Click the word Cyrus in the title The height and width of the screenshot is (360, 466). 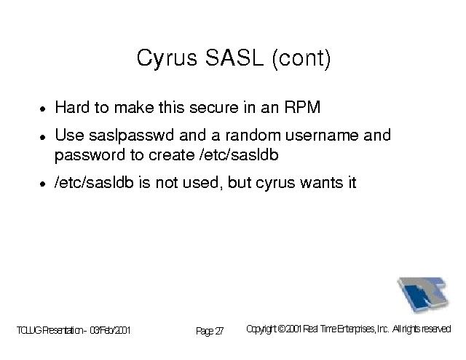click(x=167, y=58)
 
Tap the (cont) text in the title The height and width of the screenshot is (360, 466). click(x=301, y=58)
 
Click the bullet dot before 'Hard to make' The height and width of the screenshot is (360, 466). click(x=43, y=109)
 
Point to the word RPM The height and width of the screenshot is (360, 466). click(x=303, y=107)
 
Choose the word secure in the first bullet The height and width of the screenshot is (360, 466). click(x=214, y=107)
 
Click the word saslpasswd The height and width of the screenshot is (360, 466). click(x=131, y=136)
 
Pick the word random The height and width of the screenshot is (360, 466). click(x=253, y=135)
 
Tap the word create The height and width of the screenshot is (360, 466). click(x=172, y=155)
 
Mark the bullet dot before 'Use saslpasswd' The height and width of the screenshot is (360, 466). click(x=43, y=137)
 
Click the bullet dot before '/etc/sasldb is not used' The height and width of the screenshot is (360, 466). click(x=43, y=184)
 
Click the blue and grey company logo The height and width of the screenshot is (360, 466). click(x=423, y=294)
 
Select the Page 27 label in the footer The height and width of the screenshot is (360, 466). click(x=210, y=331)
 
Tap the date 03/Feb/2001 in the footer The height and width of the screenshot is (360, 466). click(x=110, y=330)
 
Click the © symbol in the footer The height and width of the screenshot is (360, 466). click(x=282, y=329)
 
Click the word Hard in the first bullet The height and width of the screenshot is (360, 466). click(x=72, y=107)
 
